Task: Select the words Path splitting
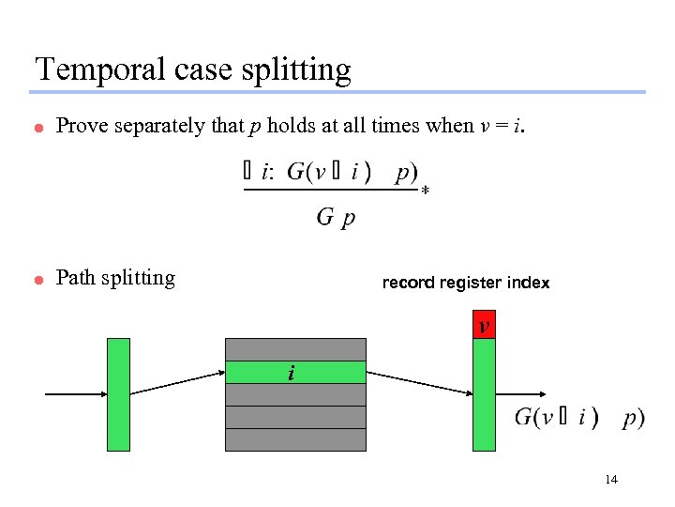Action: pyautogui.click(x=115, y=278)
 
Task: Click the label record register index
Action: pyautogui.click(x=466, y=283)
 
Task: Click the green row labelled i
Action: pyautogui.click(x=295, y=373)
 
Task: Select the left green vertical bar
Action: pyautogui.click(x=118, y=394)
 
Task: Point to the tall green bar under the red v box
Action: pyautogui.click(x=484, y=394)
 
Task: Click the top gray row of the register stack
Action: pyautogui.click(x=295, y=349)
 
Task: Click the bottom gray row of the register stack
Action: pyautogui.click(x=295, y=439)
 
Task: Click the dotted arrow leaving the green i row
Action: pyautogui.click(x=417, y=383)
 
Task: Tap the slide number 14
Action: pyautogui.click(x=611, y=480)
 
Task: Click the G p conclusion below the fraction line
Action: pyautogui.click(x=336, y=218)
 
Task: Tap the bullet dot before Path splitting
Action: pyautogui.click(x=39, y=280)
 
